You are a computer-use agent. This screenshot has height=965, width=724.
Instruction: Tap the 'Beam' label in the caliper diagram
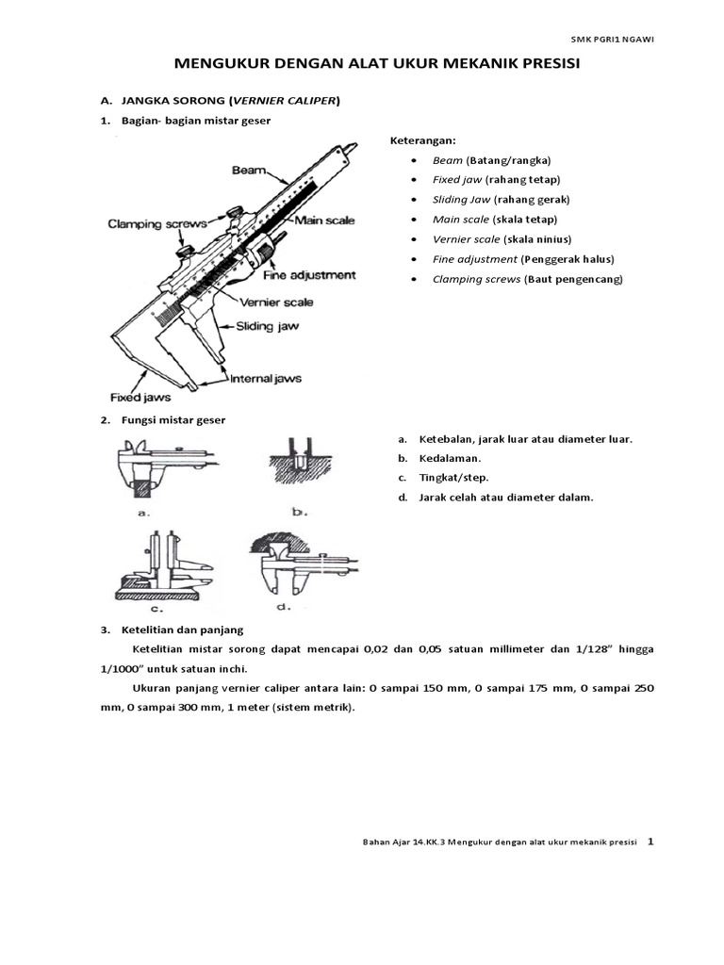coord(250,172)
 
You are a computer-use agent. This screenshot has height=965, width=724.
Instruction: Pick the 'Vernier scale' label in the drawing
coord(277,303)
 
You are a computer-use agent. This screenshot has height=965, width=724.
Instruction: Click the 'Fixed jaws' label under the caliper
coord(135,398)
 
